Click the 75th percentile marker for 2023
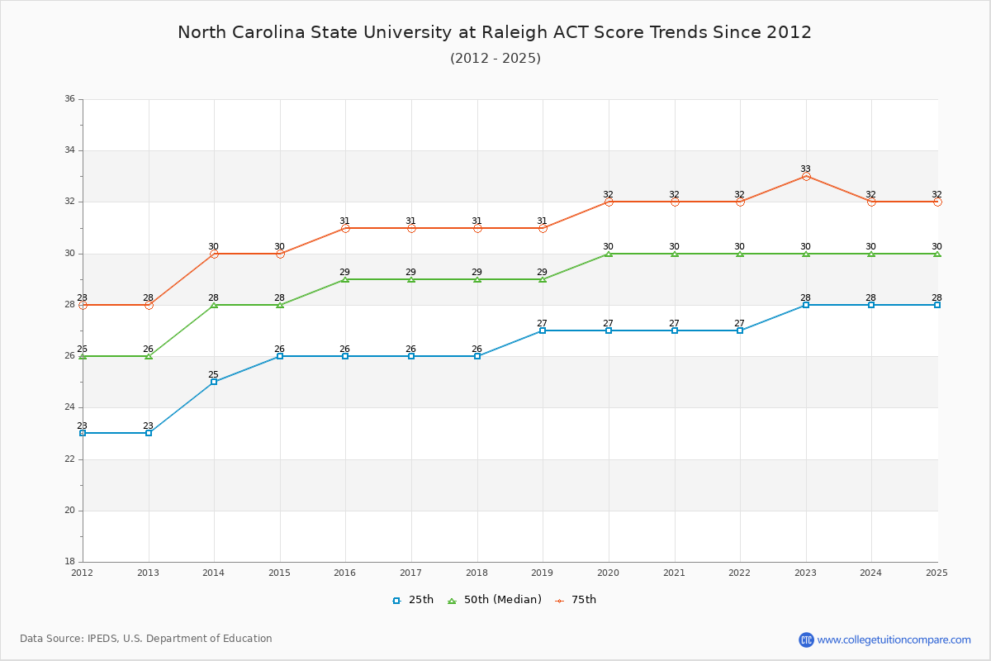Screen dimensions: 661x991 [x=805, y=176]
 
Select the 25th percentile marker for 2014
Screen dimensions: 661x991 [x=214, y=382]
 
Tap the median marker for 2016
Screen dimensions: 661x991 [x=345, y=279]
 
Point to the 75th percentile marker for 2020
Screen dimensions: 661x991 [x=609, y=202]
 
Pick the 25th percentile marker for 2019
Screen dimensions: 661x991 [x=543, y=330]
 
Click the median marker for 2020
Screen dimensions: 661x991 [x=609, y=254]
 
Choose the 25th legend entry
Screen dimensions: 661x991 [x=413, y=600]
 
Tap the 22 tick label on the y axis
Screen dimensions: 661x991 [x=69, y=459]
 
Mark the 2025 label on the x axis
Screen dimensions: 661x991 [x=936, y=572]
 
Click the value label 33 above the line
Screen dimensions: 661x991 [x=805, y=169]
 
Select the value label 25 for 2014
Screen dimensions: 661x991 [x=213, y=374]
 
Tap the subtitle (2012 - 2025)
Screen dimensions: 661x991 [x=495, y=58]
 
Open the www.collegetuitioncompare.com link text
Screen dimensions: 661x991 [x=894, y=640]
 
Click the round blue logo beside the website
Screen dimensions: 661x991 [x=806, y=640]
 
